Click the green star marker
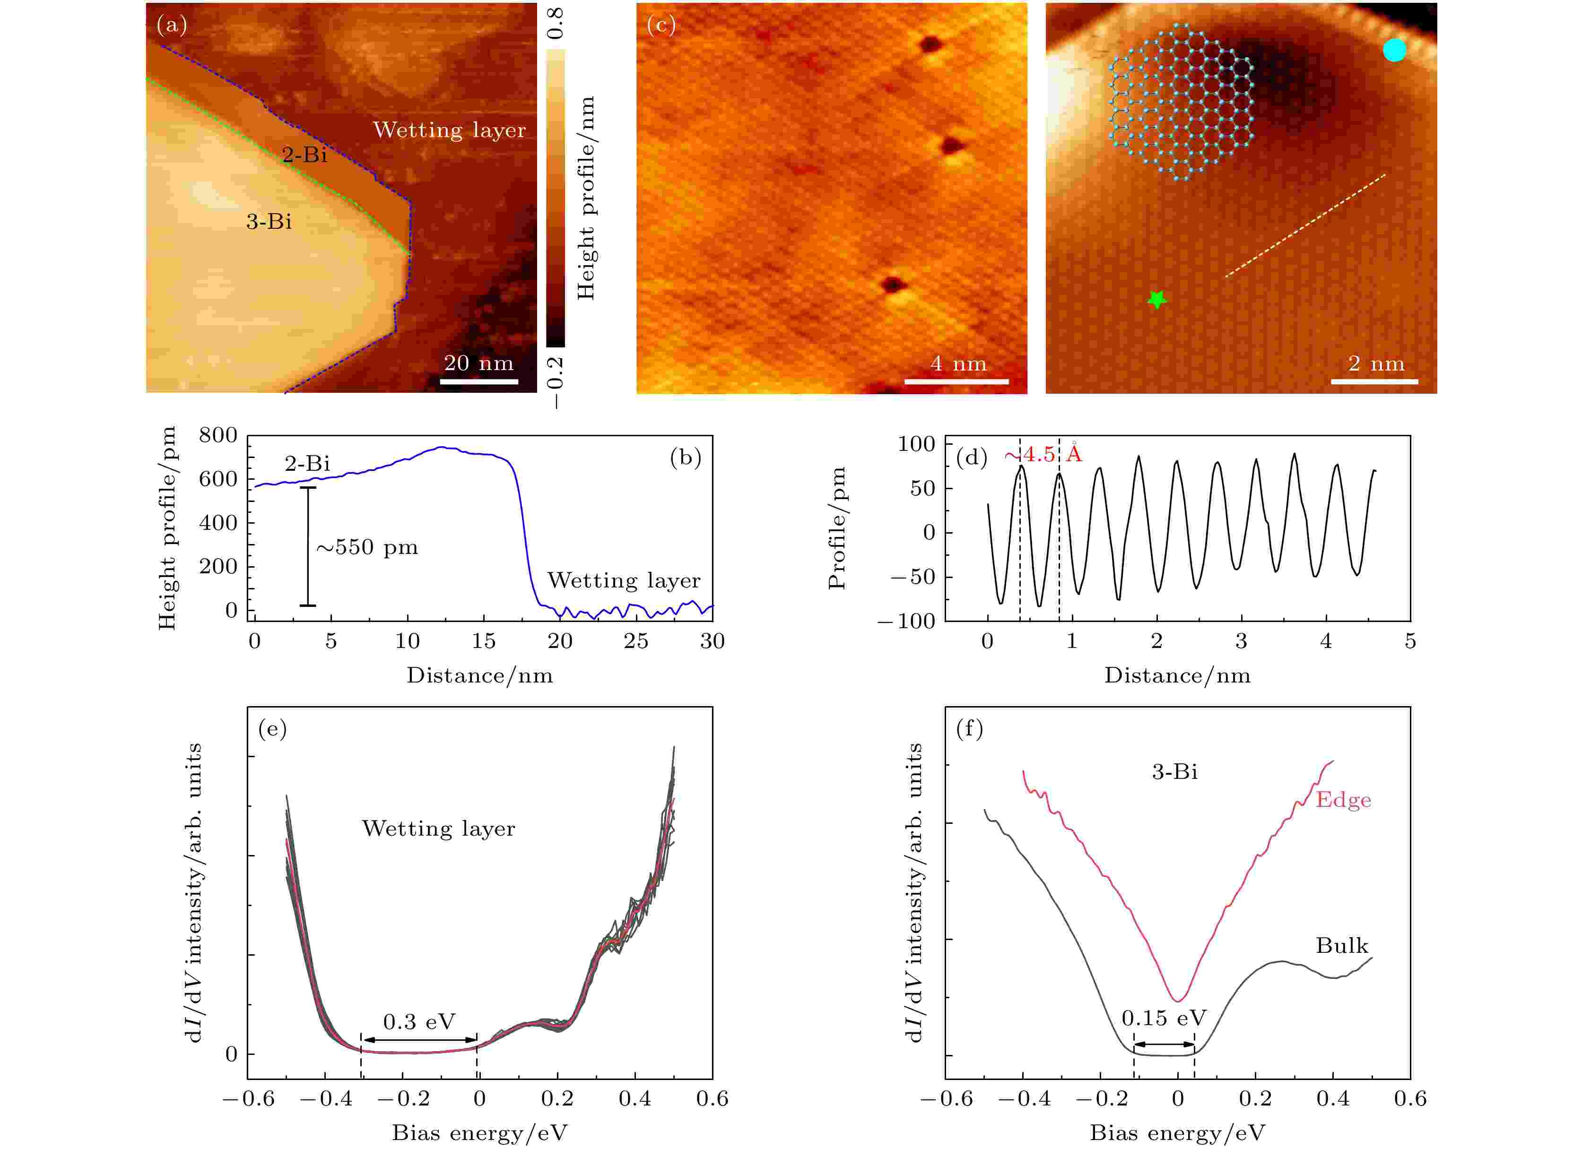(x=1156, y=300)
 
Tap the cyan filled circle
(x=1394, y=50)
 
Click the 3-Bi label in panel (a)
(x=269, y=222)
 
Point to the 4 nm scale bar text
(x=958, y=363)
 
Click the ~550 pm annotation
(x=367, y=547)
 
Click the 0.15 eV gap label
(x=1164, y=1018)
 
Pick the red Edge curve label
(x=1343, y=800)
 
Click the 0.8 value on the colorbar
(x=556, y=24)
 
